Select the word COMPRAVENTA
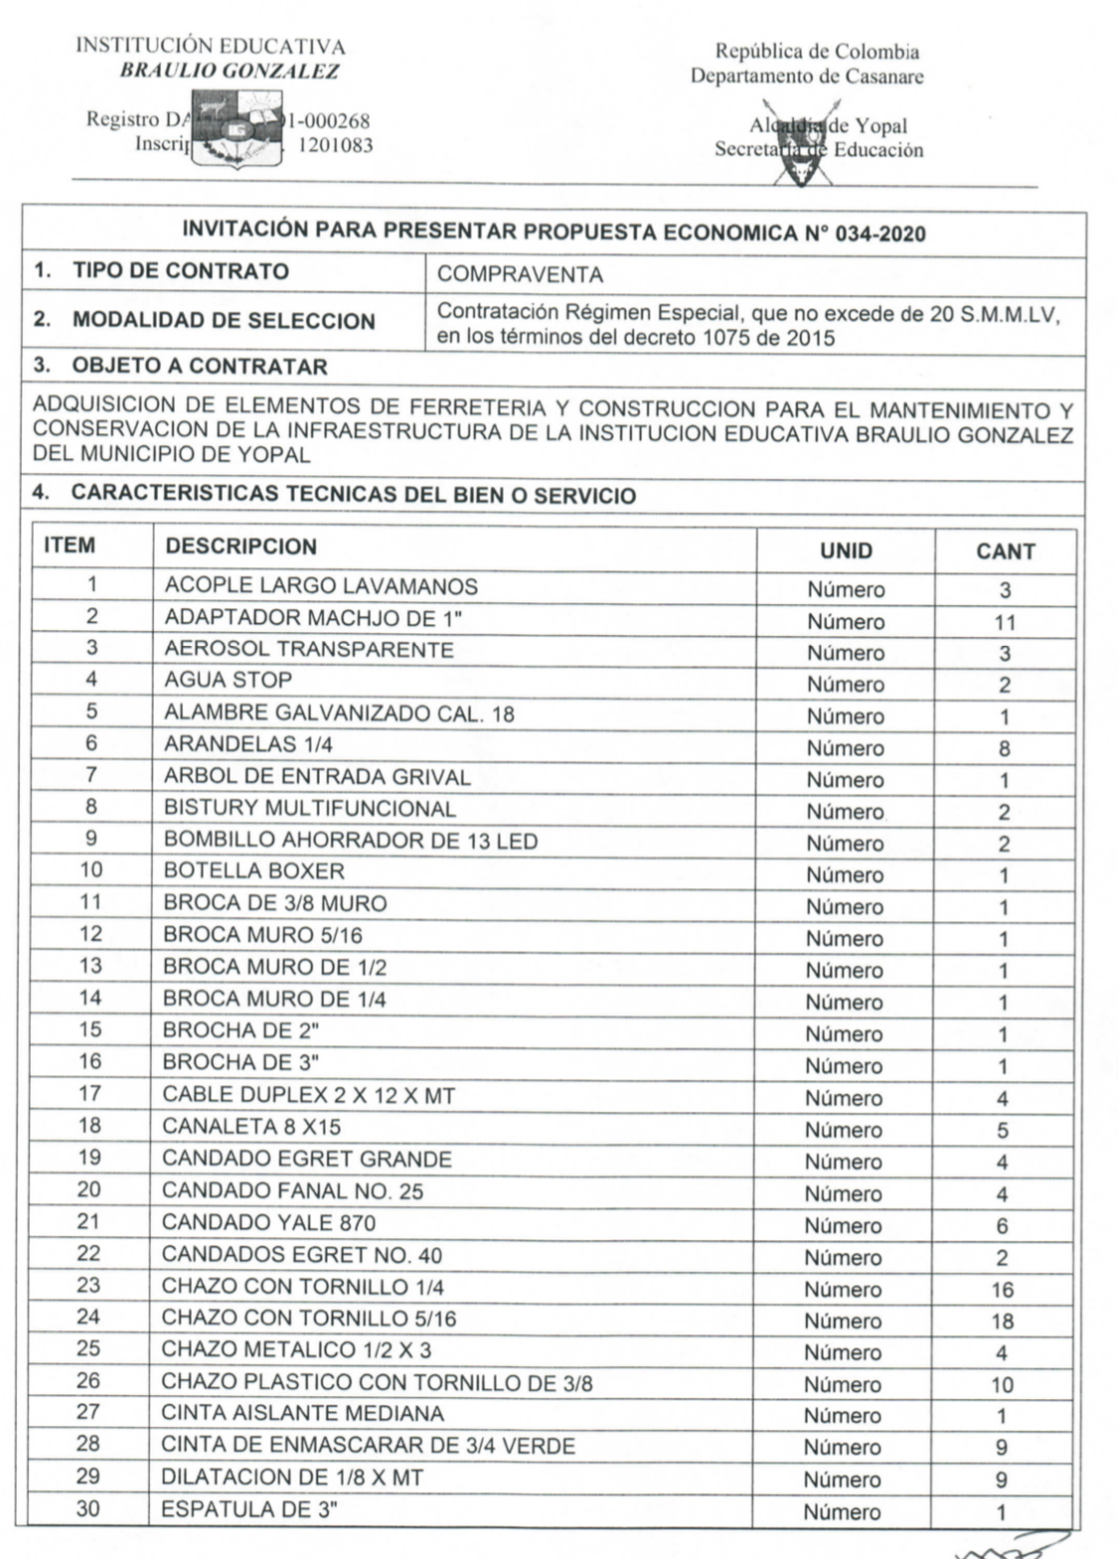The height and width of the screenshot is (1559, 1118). point(520,274)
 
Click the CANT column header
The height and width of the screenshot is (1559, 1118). point(1005,551)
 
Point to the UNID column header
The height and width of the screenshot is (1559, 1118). point(846,551)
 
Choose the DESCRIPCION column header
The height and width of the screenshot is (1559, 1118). point(241,546)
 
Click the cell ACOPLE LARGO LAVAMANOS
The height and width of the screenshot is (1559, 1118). point(321,586)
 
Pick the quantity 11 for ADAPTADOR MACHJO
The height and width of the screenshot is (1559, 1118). point(1005,622)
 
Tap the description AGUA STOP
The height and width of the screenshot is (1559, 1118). point(229,681)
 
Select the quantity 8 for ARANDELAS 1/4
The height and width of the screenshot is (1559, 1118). point(1005,749)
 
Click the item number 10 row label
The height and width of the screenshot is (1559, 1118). point(90,870)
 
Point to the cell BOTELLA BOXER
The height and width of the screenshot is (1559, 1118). point(254,871)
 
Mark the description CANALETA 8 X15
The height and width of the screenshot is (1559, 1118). point(251,1127)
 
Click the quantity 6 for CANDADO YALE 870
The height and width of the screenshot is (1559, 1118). point(1002,1226)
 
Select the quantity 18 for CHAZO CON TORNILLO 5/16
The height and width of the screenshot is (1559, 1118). point(1002,1322)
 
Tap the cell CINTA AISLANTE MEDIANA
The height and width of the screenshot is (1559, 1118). point(302,1413)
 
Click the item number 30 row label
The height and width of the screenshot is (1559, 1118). point(88,1508)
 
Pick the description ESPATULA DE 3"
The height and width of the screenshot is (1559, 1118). point(249,1509)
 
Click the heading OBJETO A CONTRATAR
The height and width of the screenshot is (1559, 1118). point(199,367)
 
